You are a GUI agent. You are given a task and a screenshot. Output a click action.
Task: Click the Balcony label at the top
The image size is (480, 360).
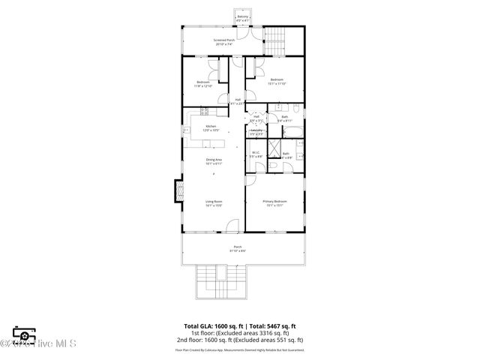tap(242, 18)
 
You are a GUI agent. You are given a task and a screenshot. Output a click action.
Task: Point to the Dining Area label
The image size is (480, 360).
tap(214, 160)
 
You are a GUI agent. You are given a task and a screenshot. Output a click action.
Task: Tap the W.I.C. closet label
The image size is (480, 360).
tap(256, 155)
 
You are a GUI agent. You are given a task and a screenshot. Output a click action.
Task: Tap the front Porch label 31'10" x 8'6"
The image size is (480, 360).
tap(238, 249)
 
